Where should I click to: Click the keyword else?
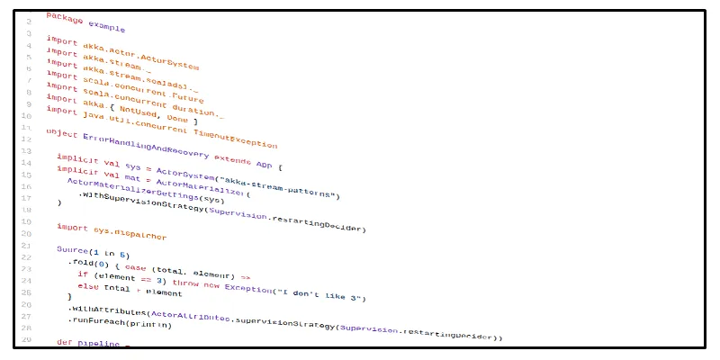pyautogui.click(x=88, y=285)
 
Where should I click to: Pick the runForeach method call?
pyautogui.click(x=97, y=319)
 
